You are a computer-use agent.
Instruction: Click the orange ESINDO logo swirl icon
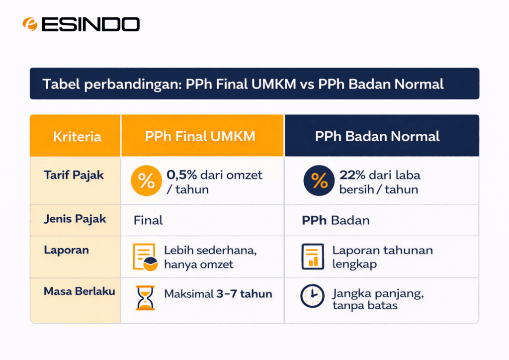(x=30, y=24)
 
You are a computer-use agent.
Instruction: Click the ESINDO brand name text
(x=90, y=24)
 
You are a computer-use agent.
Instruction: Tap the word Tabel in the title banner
(x=61, y=84)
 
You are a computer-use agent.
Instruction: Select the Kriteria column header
(x=77, y=136)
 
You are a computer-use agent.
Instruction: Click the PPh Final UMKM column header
(x=200, y=136)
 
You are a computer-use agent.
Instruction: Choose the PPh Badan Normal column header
(x=377, y=136)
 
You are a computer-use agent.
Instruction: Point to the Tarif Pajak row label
(x=74, y=176)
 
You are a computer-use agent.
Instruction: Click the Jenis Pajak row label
(x=75, y=219)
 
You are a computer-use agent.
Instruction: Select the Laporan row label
(x=66, y=250)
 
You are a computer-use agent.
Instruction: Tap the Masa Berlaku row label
(x=79, y=291)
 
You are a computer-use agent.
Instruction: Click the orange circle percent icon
(x=147, y=181)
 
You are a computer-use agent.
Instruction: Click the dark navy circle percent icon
(x=319, y=180)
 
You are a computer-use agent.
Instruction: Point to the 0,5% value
(x=182, y=175)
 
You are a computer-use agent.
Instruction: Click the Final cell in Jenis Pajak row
(x=148, y=220)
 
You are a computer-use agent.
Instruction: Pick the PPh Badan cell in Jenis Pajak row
(x=336, y=220)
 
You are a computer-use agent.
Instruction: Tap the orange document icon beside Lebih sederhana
(x=145, y=257)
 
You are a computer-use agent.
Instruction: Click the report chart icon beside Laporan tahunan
(x=313, y=257)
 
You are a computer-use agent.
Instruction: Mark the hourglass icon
(x=145, y=298)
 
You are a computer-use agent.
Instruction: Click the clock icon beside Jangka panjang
(x=312, y=296)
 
